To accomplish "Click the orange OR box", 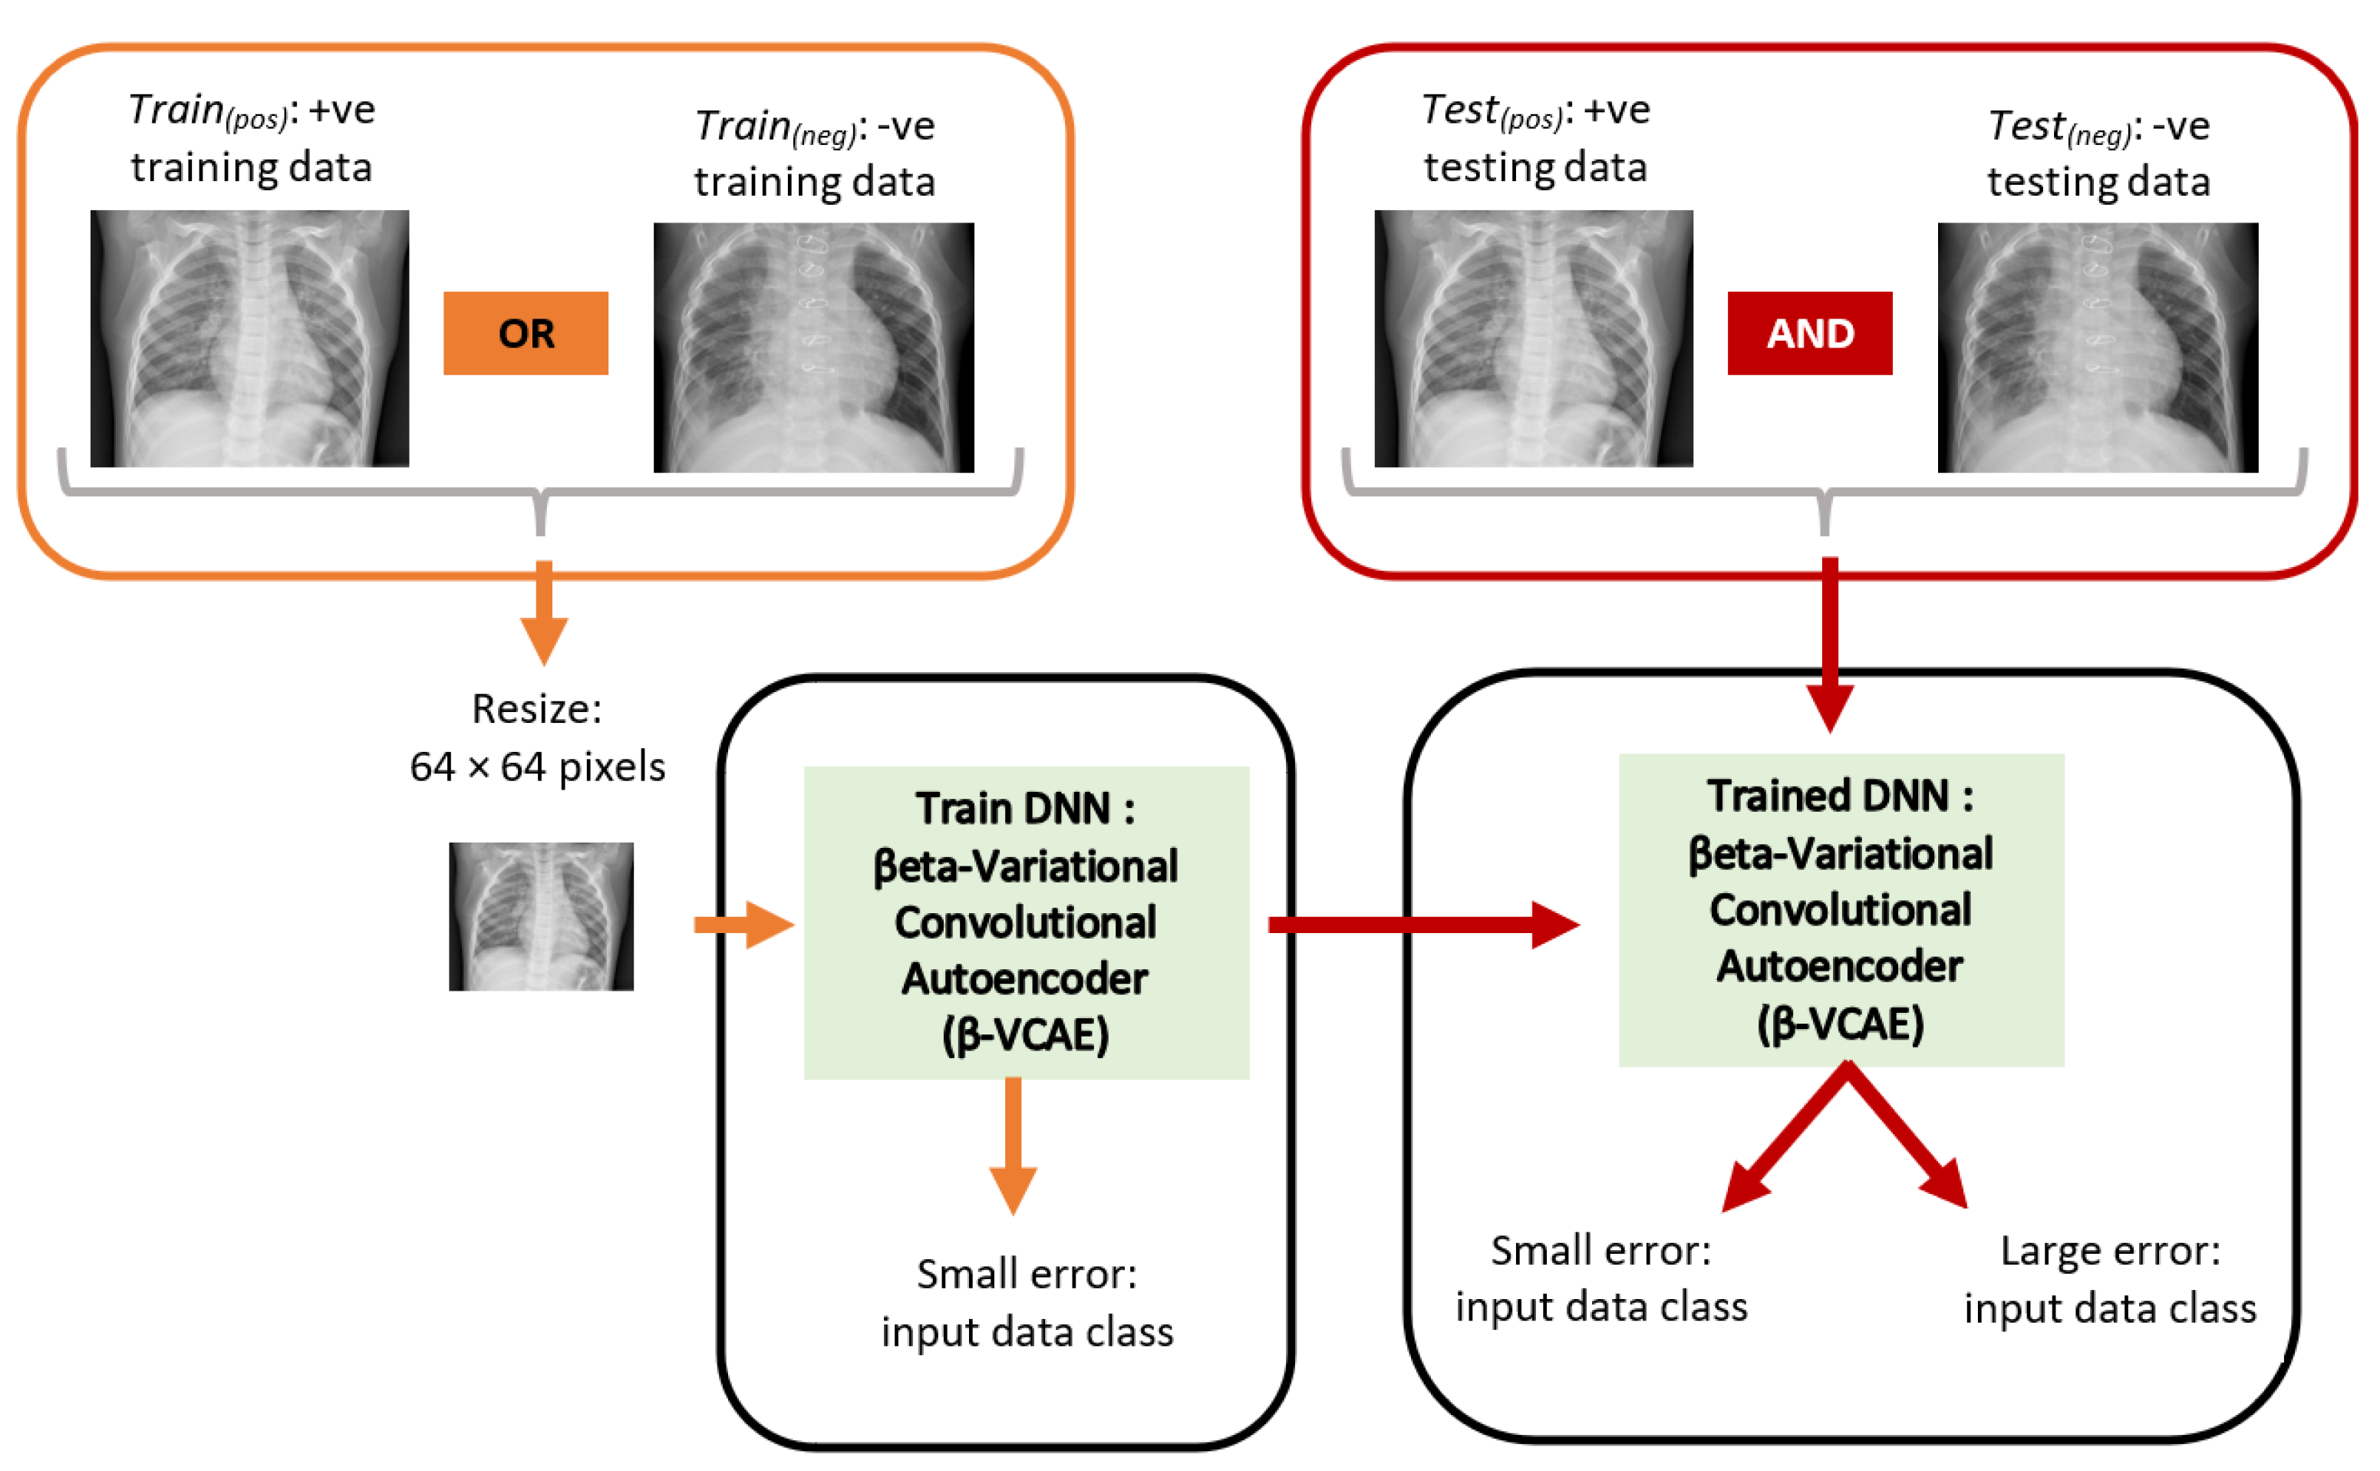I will pyautogui.click(x=526, y=333).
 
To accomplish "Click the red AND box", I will pyautogui.click(x=1809, y=333).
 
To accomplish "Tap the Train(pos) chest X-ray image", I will pyautogui.click(x=249, y=338).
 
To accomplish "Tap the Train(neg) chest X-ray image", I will pyautogui.click(x=813, y=348).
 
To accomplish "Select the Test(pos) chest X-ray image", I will pyautogui.click(x=1533, y=338).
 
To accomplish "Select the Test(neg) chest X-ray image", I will pyautogui.click(x=2097, y=348).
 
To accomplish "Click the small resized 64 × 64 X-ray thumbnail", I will pyautogui.click(x=541, y=915).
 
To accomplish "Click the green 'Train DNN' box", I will pyautogui.click(x=1025, y=922).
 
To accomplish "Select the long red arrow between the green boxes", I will pyautogui.click(x=1420, y=923).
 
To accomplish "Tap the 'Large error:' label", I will pyautogui.click(x=2110, y=1250).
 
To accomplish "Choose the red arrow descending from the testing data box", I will pyautogui.click(x=1828, y=642).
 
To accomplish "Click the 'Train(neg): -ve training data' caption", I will pyautogui.click(x=814, y=153).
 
